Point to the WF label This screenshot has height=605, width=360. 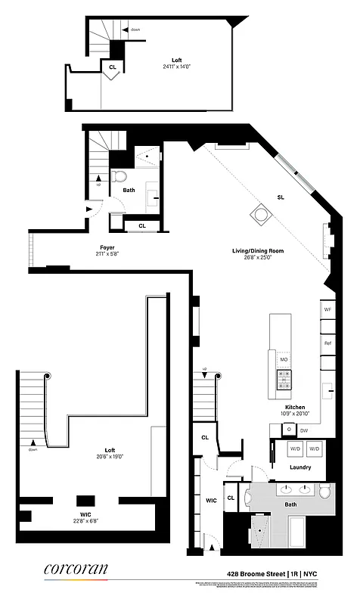click(327, 309)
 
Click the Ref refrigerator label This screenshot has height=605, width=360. click(327, 343)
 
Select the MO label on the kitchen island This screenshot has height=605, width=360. click(284, 359)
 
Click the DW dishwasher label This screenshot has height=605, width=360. click(304, 430)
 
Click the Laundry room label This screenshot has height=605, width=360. click(301, 467)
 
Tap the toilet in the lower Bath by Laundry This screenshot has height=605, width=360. click(325, 492)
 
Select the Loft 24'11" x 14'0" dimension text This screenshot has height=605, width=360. click(176, 63)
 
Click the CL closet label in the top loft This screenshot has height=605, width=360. click(112, 67)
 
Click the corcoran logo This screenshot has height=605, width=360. click(76, 569)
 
